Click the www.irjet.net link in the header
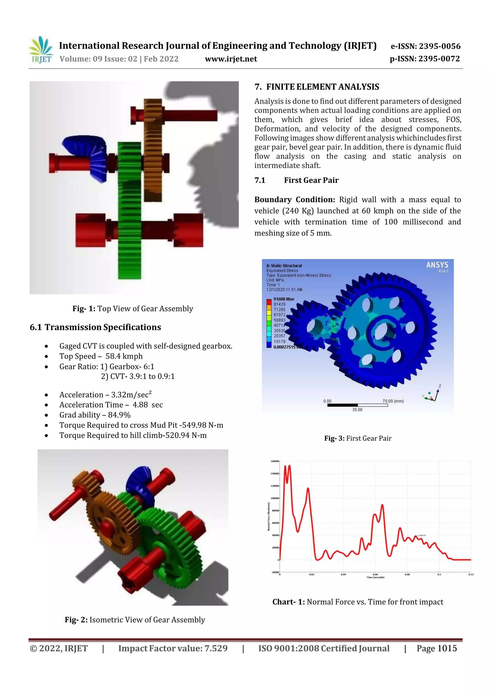231,59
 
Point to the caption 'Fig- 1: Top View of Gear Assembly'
133,309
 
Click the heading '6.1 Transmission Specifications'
95,327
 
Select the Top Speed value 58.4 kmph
124,356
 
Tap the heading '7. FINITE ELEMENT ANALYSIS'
317,87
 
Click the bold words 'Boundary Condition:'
294,200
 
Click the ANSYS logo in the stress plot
437,265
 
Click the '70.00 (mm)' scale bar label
393,401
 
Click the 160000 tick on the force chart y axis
275,461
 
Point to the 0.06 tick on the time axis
375,574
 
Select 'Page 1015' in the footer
437,648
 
